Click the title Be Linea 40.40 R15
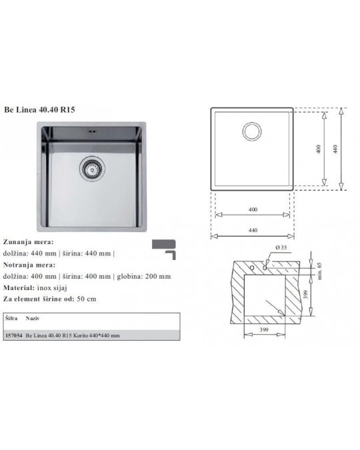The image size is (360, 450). click(x=39, y=110)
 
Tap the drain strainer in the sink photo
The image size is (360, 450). click(x=92, y=169)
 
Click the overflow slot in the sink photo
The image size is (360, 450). click(x=91, y=132)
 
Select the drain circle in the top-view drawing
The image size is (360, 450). click(x=252, y=131)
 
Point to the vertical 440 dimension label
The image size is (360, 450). click(x=335, y=149)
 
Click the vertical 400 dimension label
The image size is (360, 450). click(x=319, y=149)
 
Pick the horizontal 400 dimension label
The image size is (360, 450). click(x=253, y=209)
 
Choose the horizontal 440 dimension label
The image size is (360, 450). click(x=253, y=230)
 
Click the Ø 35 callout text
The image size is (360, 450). click(x=281, y=247)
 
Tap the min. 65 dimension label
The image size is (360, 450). click(x=319, y=271)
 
